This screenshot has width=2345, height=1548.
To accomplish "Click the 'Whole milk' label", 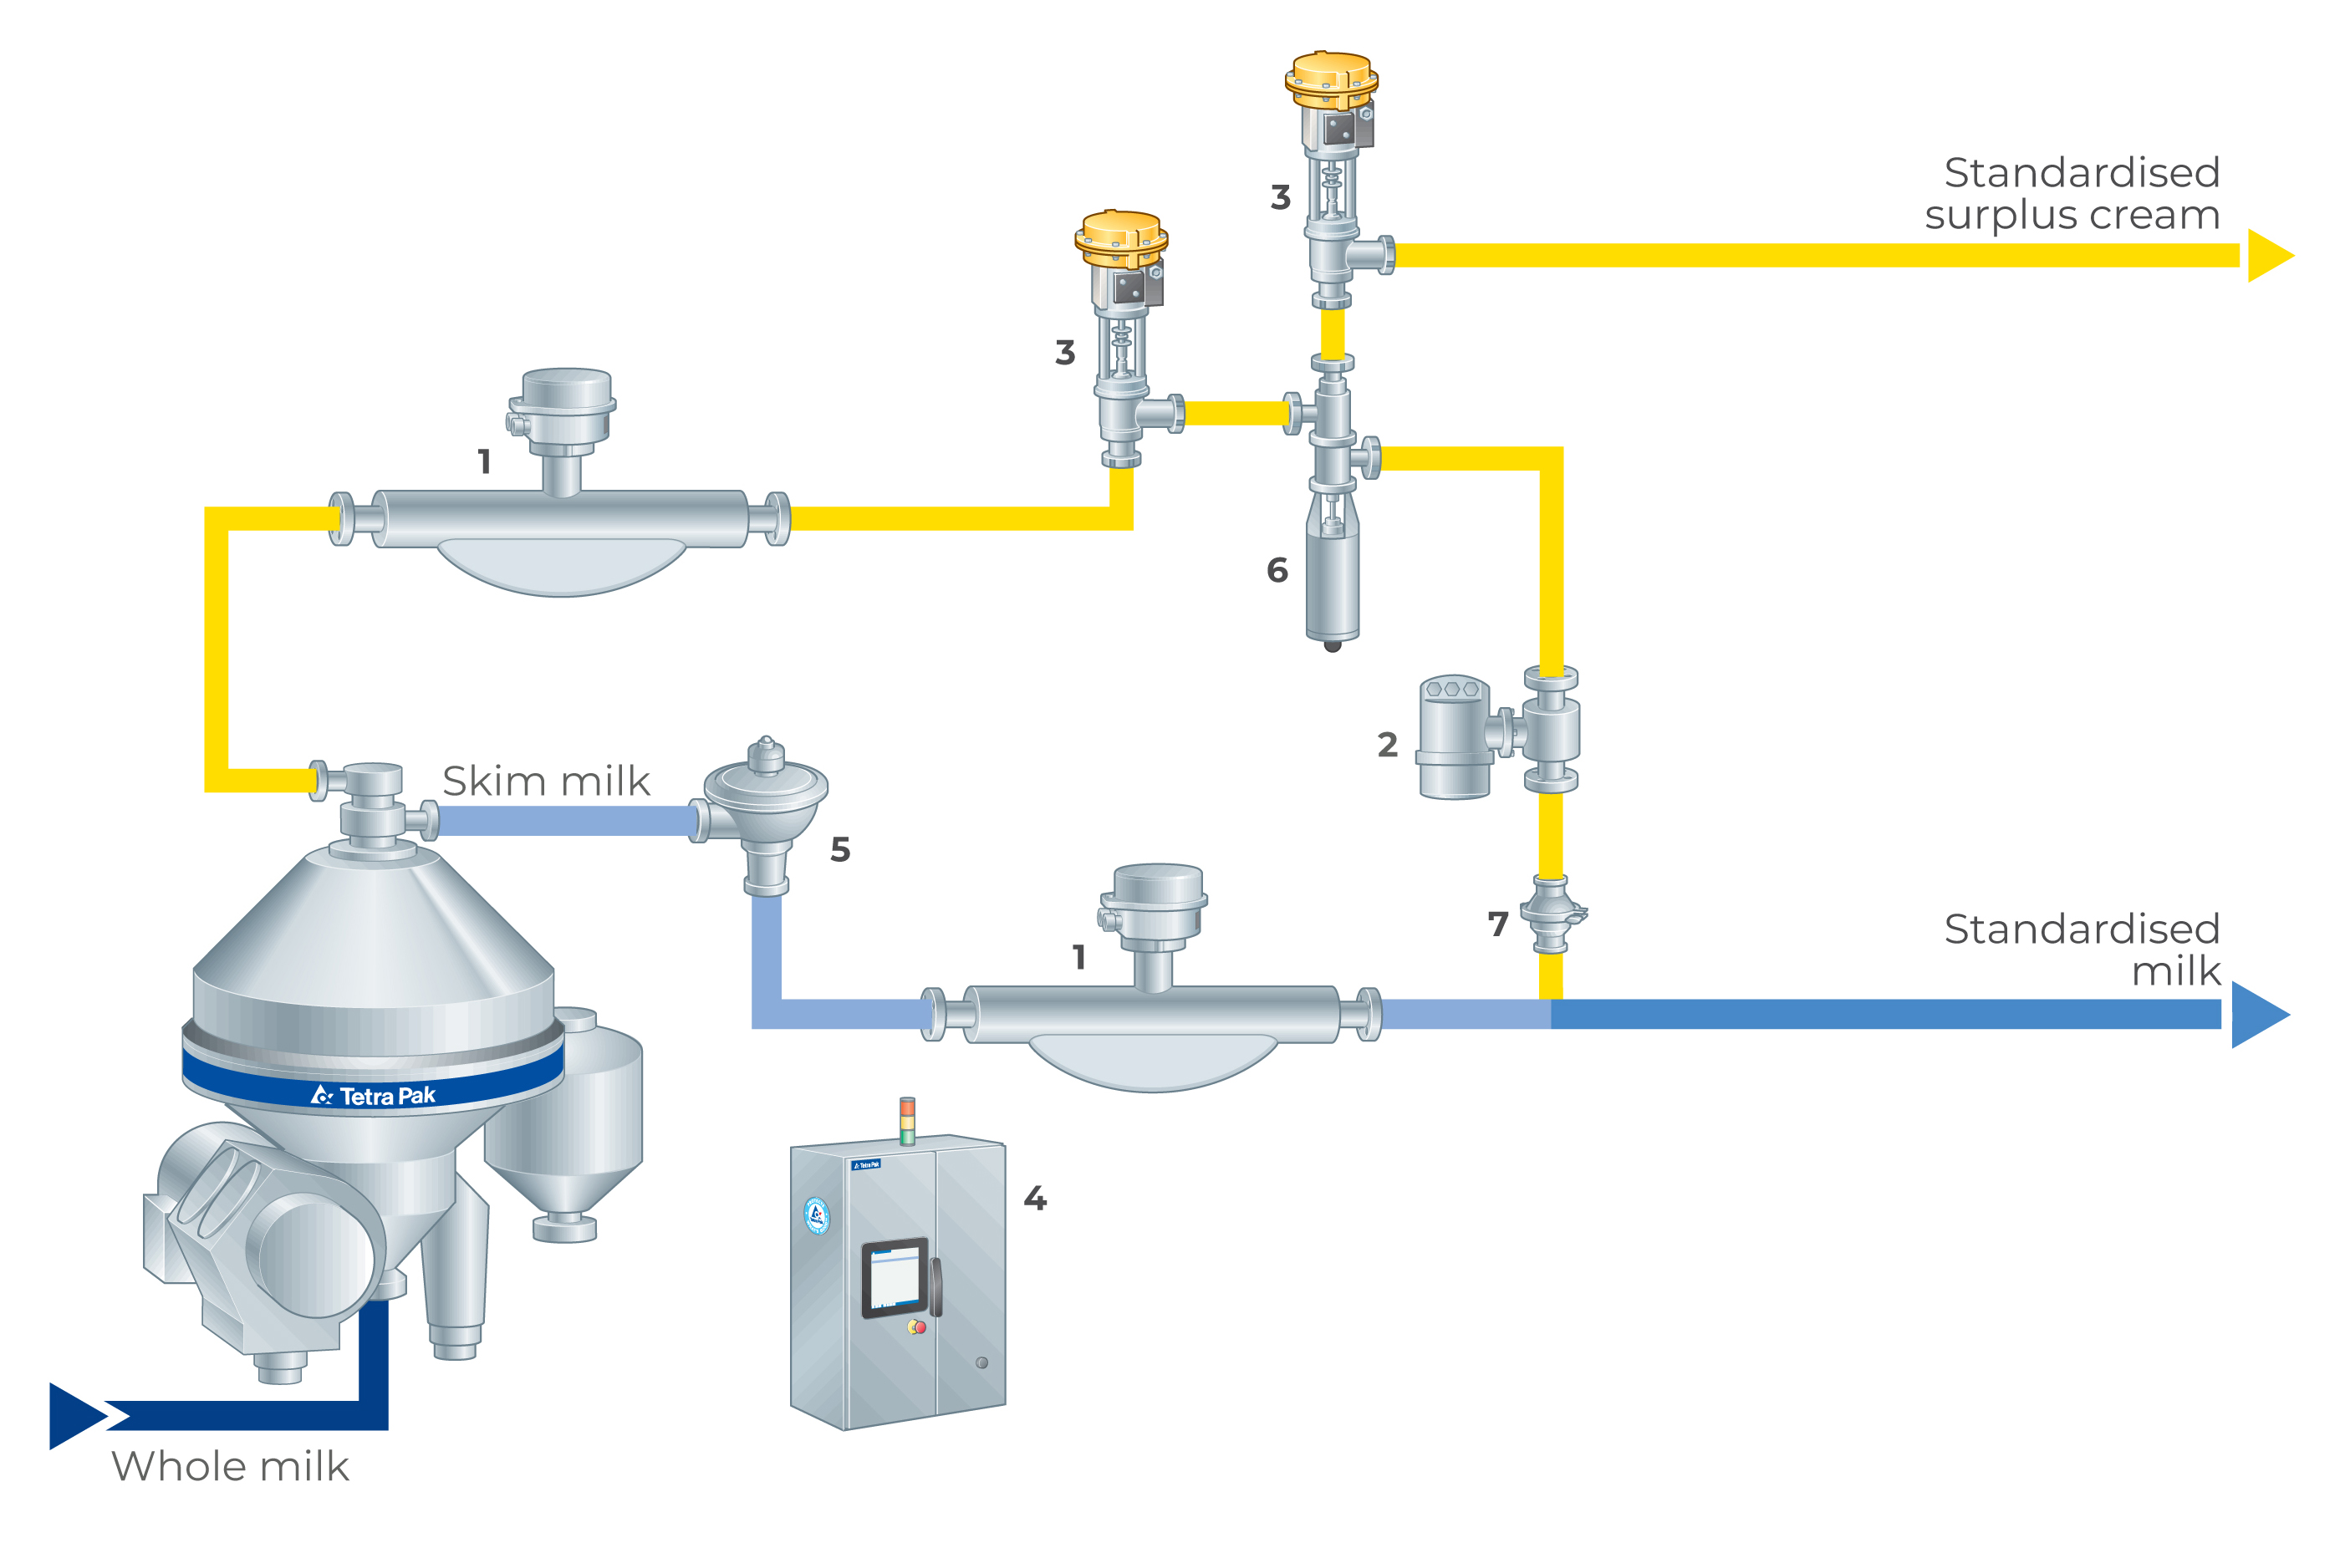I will [x=230, y=1467].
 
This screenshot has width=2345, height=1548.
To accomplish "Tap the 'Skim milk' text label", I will [x=546, y=781].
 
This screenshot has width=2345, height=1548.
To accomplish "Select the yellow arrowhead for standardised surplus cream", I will [x=2269, y=256].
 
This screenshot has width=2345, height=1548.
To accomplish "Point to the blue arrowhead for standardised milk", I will [x=2257, y=1014].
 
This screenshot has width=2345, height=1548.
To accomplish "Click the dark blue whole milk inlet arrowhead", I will [x=77, y=1416].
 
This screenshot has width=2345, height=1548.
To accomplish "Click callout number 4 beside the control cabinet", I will [x=1035, y=1199].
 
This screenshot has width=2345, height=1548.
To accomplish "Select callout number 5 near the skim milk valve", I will [x=840, y=849].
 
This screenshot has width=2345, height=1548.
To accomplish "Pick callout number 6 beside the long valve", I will [x=1277, y=570].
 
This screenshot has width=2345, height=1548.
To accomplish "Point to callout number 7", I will [x=1498, y=924].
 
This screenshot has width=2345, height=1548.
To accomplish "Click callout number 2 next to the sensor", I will [x=1387, y=745].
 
